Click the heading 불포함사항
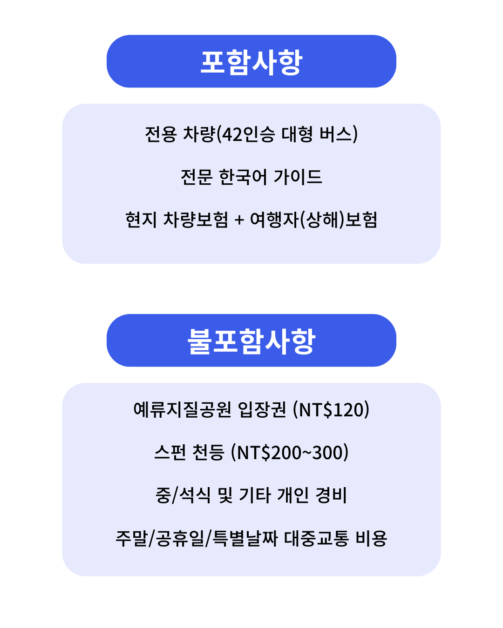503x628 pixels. [x=251, y=341]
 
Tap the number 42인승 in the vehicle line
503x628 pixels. [x=248, y=134]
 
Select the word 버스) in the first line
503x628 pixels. [x=339, y=134]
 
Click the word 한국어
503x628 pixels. [x=243, y=177]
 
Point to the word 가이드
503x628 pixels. [x=298, y=177]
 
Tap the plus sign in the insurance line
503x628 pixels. [x=239, y=220]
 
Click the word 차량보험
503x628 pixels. [x=196, y=220]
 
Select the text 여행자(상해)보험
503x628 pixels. [x=313, y=220]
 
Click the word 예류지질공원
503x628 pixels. [x=183, y=409]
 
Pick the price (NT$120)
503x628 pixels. [x=331, y=409]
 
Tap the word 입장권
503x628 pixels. [x=262, y=409]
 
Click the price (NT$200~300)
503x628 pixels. [x=290, y=452]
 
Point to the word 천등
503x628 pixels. [x=208, y=452]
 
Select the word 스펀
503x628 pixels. [x=170, y=452]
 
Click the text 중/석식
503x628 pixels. [x=183, y=495]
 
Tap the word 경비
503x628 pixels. [x=331, y=495]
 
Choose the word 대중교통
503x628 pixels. [x=317, y=538]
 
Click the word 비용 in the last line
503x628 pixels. [x=371, y=538]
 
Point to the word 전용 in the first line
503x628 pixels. [x=161, y=134]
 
